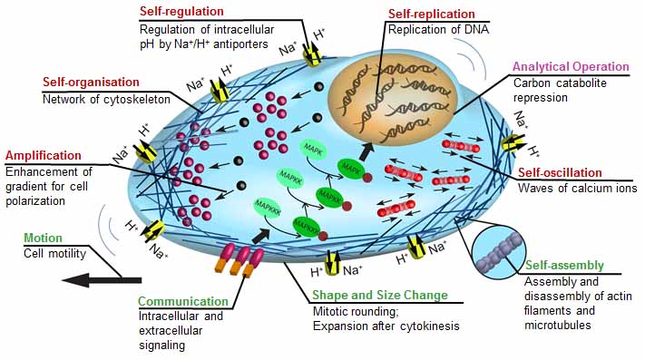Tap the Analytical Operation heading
[571, 67]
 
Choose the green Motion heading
[43, 238]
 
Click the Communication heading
[183, 302]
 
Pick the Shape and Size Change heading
[379, 296]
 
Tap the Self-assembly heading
[563, 266]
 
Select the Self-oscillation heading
[583, 172]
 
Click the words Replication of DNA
[430, 30]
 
